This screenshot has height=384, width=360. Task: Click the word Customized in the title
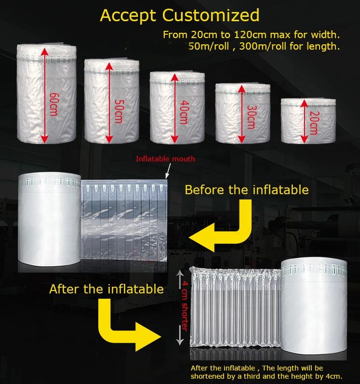tap(211, 15)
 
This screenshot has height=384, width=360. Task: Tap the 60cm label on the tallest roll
tap(53, 105)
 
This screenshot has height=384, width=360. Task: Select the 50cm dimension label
tap(119, 111)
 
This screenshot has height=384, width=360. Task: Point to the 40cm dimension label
tap(185, 112)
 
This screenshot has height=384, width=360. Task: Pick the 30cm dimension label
tap(251, 117)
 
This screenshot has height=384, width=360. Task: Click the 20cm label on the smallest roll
tap(315, 123)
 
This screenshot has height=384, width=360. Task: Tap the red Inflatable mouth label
tap(166, 159)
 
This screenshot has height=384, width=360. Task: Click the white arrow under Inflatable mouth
tap(168, 171)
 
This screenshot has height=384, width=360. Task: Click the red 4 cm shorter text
tap(185, 306)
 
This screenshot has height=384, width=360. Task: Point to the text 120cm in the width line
tap(250, 35)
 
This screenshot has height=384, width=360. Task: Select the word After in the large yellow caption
tap(65, 289)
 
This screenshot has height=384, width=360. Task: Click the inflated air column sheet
tap(236, 307)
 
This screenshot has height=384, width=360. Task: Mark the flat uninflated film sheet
tap(124, 220)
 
